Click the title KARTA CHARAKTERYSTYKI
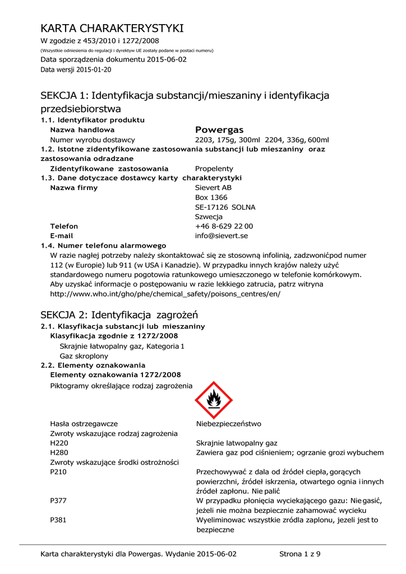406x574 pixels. click(x=112, y=28)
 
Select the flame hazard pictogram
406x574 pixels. click(x=214, y=400)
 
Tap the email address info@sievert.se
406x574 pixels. click(x=221, y=236)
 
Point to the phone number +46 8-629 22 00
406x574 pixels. click(x=224, y=226)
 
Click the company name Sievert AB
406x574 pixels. click(x=213, y=188)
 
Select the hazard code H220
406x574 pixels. click(x=59, y=443)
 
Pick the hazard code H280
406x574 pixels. click(x=59, y=452)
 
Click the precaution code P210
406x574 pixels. click(x=59, y=472)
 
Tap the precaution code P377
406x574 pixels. click(x=59, y=501)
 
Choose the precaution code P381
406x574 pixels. click(x=59, y=520)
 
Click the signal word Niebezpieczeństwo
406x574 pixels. click(x=229, y=424)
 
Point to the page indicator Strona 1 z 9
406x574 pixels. click(x=300, y=554)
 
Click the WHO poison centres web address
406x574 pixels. click(x=165, y=294)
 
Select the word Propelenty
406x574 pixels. click(x=214, y=169)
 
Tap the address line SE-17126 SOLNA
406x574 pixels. click(x=225, y=207)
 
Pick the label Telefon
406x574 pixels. click(x=64, y=226)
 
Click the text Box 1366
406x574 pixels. click(x=211, y=198)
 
